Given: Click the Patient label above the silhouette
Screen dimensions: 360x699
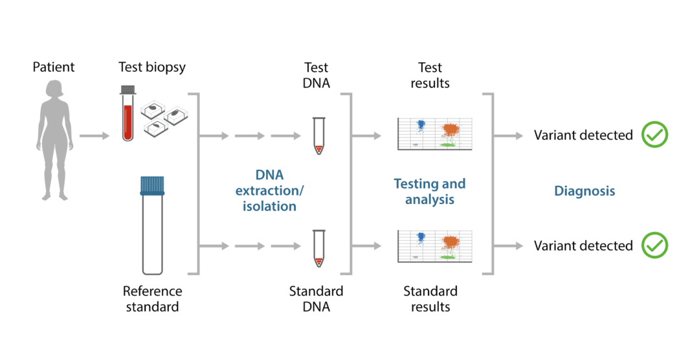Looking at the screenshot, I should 54,67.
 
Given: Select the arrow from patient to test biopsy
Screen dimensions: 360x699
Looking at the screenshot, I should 94,136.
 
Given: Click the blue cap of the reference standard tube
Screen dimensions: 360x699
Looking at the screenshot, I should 152,186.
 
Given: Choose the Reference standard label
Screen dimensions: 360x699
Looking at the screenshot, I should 152,298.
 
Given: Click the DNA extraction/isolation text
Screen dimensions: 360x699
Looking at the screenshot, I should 269,191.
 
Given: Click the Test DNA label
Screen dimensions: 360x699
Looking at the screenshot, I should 316,75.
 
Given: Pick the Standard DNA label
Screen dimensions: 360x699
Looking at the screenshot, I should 316,298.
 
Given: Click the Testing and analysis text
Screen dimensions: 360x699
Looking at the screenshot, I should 430,191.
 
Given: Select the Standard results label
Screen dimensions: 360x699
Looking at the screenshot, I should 430,298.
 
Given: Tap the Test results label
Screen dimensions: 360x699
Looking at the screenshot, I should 430,75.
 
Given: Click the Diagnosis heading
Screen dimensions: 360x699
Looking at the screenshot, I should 584,191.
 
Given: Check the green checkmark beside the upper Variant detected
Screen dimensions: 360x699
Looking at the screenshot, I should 654,135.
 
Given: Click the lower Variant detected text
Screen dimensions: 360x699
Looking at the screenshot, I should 583,246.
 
